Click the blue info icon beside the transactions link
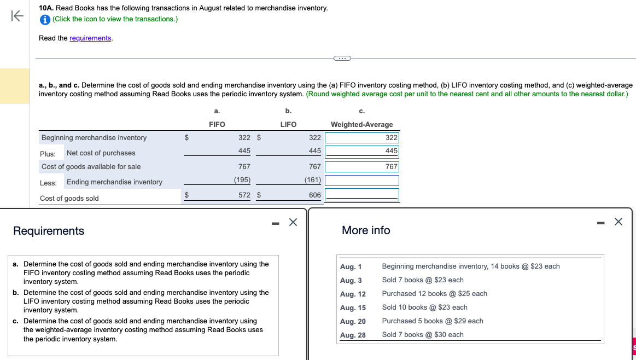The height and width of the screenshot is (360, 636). pyautogui.click(x=45, y=19)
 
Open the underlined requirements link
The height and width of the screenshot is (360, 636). pyautogui.click(x=90, y=38)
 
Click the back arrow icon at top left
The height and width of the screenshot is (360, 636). pyautogui.click(x=17, y=16)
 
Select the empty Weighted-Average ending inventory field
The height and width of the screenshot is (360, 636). pyautogui.click(x=362, y=181)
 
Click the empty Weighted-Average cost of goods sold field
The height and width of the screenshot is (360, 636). pyautogui.click(x=362, y=195)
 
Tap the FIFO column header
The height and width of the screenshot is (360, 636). pyautogui.click(x=217, y=125)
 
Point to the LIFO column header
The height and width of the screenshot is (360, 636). pyautogui.click(x=288, y=125)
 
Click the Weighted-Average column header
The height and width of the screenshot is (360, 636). pyautogui.click(x=361, y=125)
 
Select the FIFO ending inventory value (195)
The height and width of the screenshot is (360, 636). pyautogui.click(x=242, y=180)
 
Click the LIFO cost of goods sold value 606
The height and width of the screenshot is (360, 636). pyautogui.click(x=314, y=195)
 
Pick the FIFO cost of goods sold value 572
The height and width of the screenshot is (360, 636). pyautogui.click(x=244, y=195)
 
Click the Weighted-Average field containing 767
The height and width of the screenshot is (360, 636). pyautogui.click(x=362, y=166)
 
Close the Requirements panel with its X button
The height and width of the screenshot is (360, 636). pyautogui.click(x=293, y=222)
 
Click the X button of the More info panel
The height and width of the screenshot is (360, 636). pyautogui.click(x=618, y=222)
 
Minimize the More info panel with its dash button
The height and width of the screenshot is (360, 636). pyautogui.click(x=601, y=222)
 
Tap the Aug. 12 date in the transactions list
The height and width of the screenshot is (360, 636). pyautogui.click(x=353, y=294)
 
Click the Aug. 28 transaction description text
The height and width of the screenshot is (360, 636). pyautogui.click(x=422, y=335)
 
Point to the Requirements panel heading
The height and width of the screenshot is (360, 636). pyautogui.click(x=49, y=231)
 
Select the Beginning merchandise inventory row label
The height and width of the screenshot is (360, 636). pyautogui.click(x=94, y=138)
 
